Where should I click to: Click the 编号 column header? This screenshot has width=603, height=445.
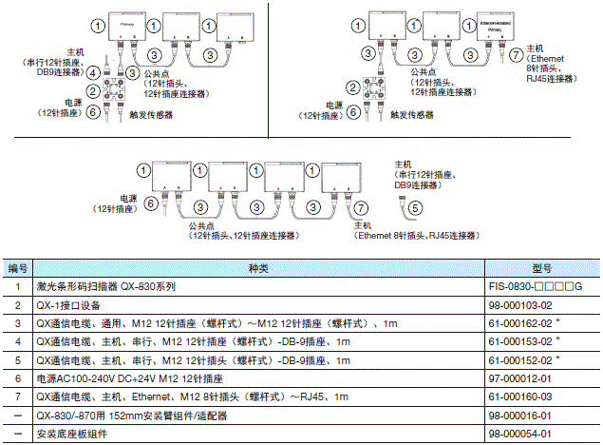pos(18,268)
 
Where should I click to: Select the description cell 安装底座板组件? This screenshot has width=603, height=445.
pos(72,435)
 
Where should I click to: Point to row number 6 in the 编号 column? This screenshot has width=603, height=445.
pos(18,379)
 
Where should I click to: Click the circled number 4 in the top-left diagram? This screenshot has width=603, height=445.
pos(93,72)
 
